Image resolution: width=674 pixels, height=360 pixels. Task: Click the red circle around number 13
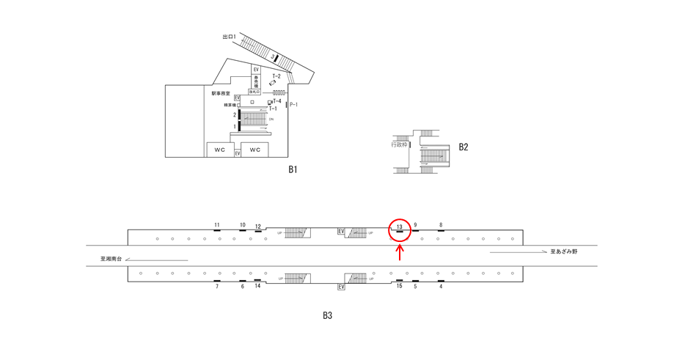pos(399,229)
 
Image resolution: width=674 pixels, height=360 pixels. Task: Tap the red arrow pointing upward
pos(400,252)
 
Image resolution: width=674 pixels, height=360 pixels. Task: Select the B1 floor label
pos(292,169)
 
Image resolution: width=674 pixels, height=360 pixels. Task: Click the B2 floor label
pos(464,147)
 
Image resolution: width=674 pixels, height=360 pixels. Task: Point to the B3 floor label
pos(328,316)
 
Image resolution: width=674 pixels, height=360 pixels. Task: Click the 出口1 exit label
pos(229,36)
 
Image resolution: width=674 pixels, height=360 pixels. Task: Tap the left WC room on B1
pos(219,150)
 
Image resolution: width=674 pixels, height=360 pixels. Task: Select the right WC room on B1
pos(254,150)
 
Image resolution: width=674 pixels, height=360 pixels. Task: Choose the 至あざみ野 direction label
pos(565,251)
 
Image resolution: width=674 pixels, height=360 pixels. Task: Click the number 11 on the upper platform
pos(217,225)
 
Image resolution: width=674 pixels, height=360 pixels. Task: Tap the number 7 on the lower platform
pos(217,287)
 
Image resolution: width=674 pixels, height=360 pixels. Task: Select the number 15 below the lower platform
pos(399,286)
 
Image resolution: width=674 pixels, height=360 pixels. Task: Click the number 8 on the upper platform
pos(441,225)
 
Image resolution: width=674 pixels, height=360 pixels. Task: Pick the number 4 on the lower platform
pos(441,287)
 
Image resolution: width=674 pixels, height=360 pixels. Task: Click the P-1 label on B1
pos(293,105)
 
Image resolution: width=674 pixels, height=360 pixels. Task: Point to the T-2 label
pos(276,76)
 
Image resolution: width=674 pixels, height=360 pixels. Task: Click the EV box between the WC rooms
pos(238,153)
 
